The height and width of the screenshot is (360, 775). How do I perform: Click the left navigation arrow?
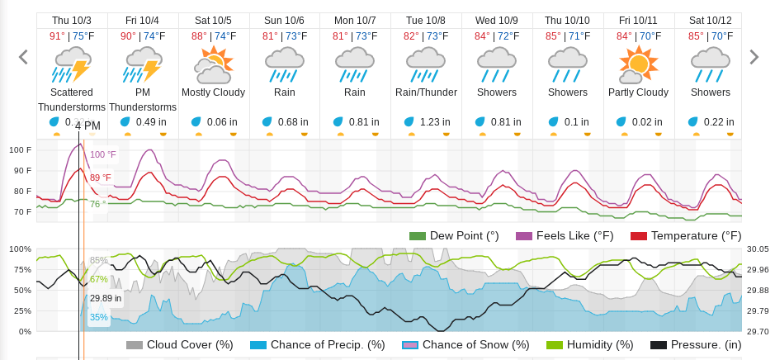(23, 57)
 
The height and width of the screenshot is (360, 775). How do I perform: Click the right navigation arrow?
(753, 57)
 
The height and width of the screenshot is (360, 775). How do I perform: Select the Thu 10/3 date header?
(72, 20)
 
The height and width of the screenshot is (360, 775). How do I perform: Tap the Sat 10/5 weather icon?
(214, 64)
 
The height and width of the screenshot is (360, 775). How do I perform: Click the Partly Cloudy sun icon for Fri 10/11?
(638, 64)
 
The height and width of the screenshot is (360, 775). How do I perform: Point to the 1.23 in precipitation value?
(435, 122)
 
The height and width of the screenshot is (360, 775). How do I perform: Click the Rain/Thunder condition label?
(426, 92)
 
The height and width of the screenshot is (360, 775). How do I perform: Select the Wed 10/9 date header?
(497, 20)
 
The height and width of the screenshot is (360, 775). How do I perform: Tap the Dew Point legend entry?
(454, 236)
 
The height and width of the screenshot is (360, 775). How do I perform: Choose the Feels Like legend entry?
(565, 236)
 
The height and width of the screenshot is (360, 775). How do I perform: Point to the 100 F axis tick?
(21, 150)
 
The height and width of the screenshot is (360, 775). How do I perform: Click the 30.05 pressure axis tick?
(758, 249)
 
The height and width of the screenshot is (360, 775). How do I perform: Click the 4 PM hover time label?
(87, 126)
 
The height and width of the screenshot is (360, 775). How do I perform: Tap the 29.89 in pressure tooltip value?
(106, 299)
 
